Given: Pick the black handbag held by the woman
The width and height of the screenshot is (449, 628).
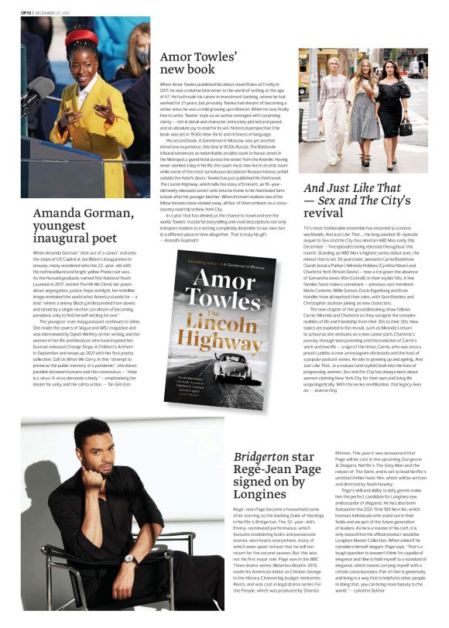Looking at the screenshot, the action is tap(406, 127).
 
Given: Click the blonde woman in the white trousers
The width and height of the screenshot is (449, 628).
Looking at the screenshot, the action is tap(334, 108).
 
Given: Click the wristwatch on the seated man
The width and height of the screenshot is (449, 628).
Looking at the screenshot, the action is tap(131, 558).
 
